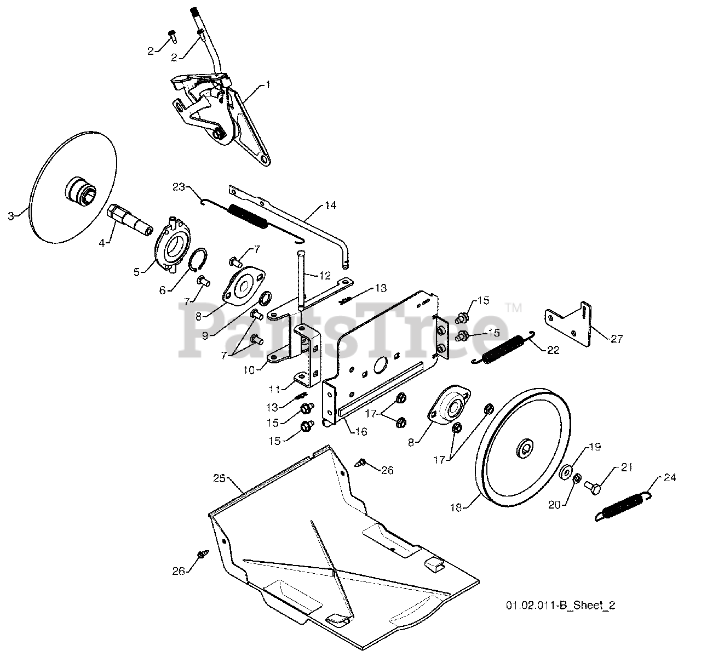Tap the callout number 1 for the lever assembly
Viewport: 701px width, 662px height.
pos(268,85)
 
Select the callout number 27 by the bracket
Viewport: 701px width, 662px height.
pos(617,339)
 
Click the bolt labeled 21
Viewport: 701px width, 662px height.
pos(593,486)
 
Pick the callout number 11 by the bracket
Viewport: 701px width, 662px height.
pos(275,389)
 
